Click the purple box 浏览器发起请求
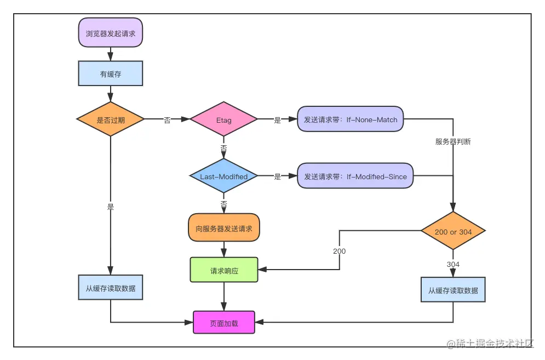point(111,32)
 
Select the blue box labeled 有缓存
point(111,74)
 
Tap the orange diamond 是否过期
point(111,119)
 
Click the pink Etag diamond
point(223,119)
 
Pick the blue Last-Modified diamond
point(223,176)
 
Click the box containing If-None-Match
point(351,119)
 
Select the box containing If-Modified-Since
point(355,176)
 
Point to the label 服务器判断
point(453,141)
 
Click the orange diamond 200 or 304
point(453,232)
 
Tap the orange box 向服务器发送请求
point(224,228)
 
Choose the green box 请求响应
point(224,270)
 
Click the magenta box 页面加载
point(224,323)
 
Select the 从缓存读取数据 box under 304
point(453,290)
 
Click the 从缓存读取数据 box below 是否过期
point(111,288)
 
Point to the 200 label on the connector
point(339,252)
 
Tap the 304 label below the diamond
point(453,264)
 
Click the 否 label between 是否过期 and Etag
point(167,120)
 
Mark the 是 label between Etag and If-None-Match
point(277,120)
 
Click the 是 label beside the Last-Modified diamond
point(277,176)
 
